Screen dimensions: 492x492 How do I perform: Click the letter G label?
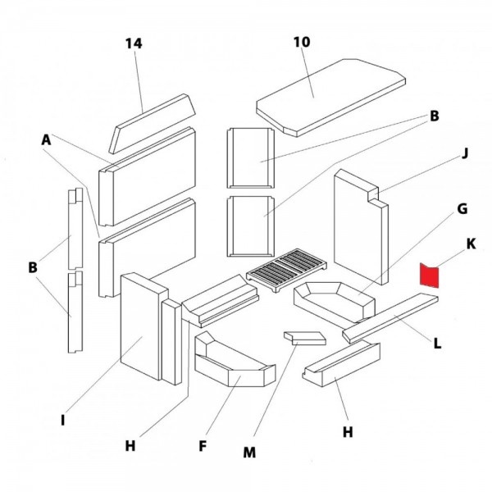(462, 210)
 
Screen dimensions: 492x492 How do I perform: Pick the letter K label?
(470, 244)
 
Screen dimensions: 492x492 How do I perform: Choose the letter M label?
(250, 452)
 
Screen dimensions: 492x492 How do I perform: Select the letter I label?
(62, 421)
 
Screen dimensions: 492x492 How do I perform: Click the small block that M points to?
(303, 338)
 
